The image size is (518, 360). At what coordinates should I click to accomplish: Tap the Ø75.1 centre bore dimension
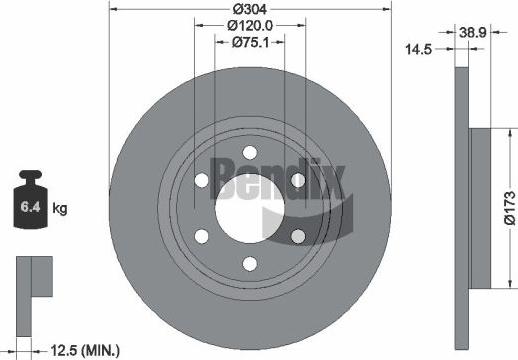[x=249, y=42]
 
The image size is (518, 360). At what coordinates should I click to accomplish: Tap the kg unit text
[x=60, y=209]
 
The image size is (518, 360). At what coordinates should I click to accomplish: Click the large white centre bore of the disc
[x=249, y=208]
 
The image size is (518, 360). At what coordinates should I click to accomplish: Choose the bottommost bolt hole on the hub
[x=249, y=265]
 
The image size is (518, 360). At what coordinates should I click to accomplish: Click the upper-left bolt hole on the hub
[x=201, y=180]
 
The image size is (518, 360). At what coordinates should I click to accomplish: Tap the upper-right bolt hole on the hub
[x=297, y=180]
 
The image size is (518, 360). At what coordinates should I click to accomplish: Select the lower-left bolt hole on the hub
[x=201, y=236]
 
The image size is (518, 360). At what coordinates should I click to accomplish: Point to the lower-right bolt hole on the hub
[x=297, y=236]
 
